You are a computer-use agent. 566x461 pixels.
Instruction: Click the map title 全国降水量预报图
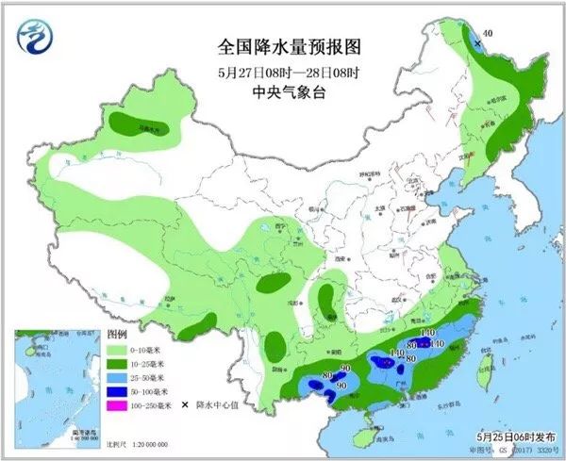coord(282,46)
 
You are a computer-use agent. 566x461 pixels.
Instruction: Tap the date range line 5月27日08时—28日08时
coord(282,71)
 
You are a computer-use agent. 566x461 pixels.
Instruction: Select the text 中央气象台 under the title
coord(282,92)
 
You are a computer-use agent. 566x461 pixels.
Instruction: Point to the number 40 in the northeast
coord(488,34)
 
